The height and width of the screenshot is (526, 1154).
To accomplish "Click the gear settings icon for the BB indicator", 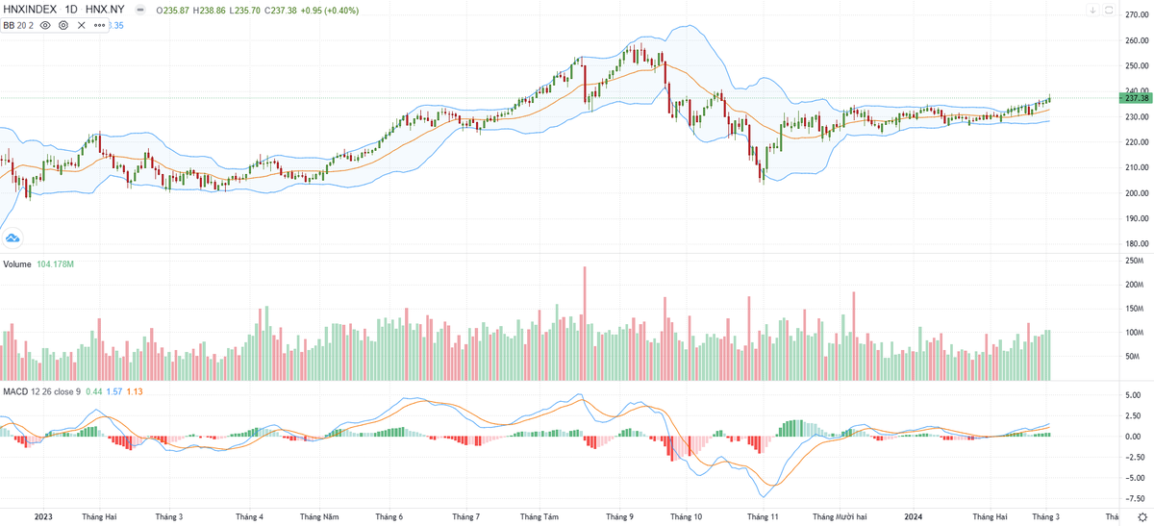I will click(63, 25).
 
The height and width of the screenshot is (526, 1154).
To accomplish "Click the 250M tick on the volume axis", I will click(1135, 261).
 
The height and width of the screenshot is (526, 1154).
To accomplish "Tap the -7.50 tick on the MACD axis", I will click(1136, 499).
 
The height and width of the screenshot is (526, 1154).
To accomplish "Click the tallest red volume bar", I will click(584, 322).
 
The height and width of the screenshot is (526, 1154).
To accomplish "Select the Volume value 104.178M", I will click(55, 263).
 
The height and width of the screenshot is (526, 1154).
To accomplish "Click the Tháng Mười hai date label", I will click(840, 516).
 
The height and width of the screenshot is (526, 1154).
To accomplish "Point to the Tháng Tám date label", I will click(537, 516).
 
